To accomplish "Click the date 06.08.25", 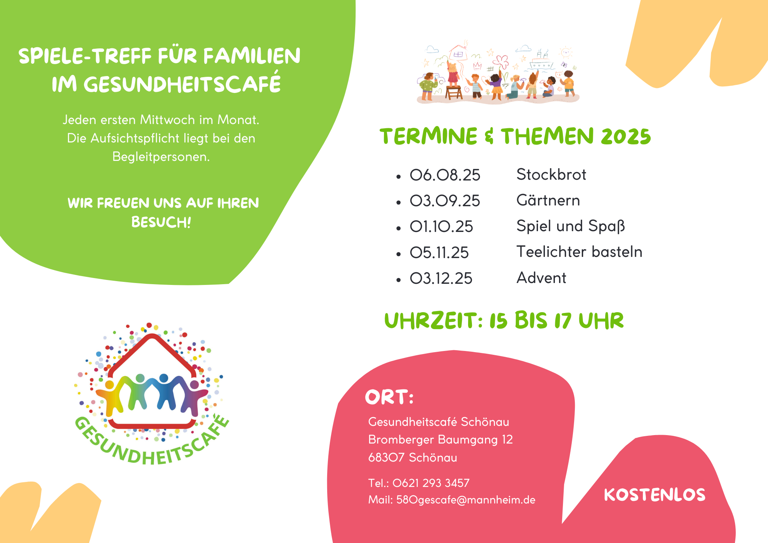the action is click(445, 175).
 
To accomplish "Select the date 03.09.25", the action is click(445, 201).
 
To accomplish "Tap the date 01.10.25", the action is click(442, 227).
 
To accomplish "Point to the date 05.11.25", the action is click(439, 253).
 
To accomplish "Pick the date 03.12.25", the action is click(441, 278).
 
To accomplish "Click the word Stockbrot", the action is click(551, 175).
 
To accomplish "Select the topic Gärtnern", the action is click(548, 200).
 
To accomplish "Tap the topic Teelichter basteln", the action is click(579, 252).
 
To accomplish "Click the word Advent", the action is click(541, 278).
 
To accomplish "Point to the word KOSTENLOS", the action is click(655, 495).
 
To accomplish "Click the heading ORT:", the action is click(389, 397).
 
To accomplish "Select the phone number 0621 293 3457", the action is click(431, 483).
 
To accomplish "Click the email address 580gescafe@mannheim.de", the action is click(466, 500).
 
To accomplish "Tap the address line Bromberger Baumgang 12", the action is click(440, 440).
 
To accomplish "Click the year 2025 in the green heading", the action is click(626, 137).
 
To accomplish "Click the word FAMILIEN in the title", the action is click(252, 56).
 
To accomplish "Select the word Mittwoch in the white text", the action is click(167, 120).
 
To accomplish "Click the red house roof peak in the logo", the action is click(153, 337).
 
